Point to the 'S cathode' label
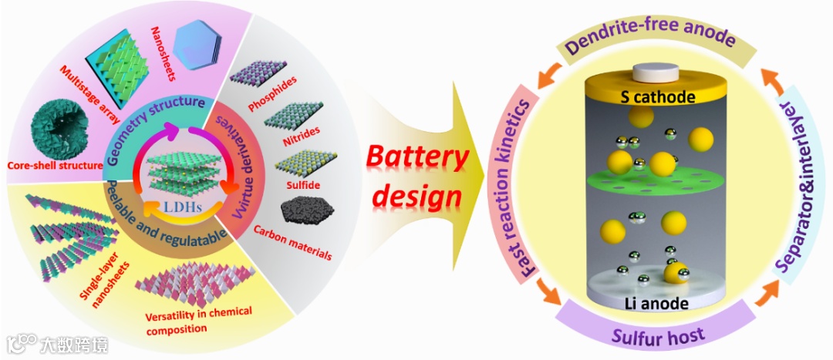[658, 97]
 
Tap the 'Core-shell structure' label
[55, 165]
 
